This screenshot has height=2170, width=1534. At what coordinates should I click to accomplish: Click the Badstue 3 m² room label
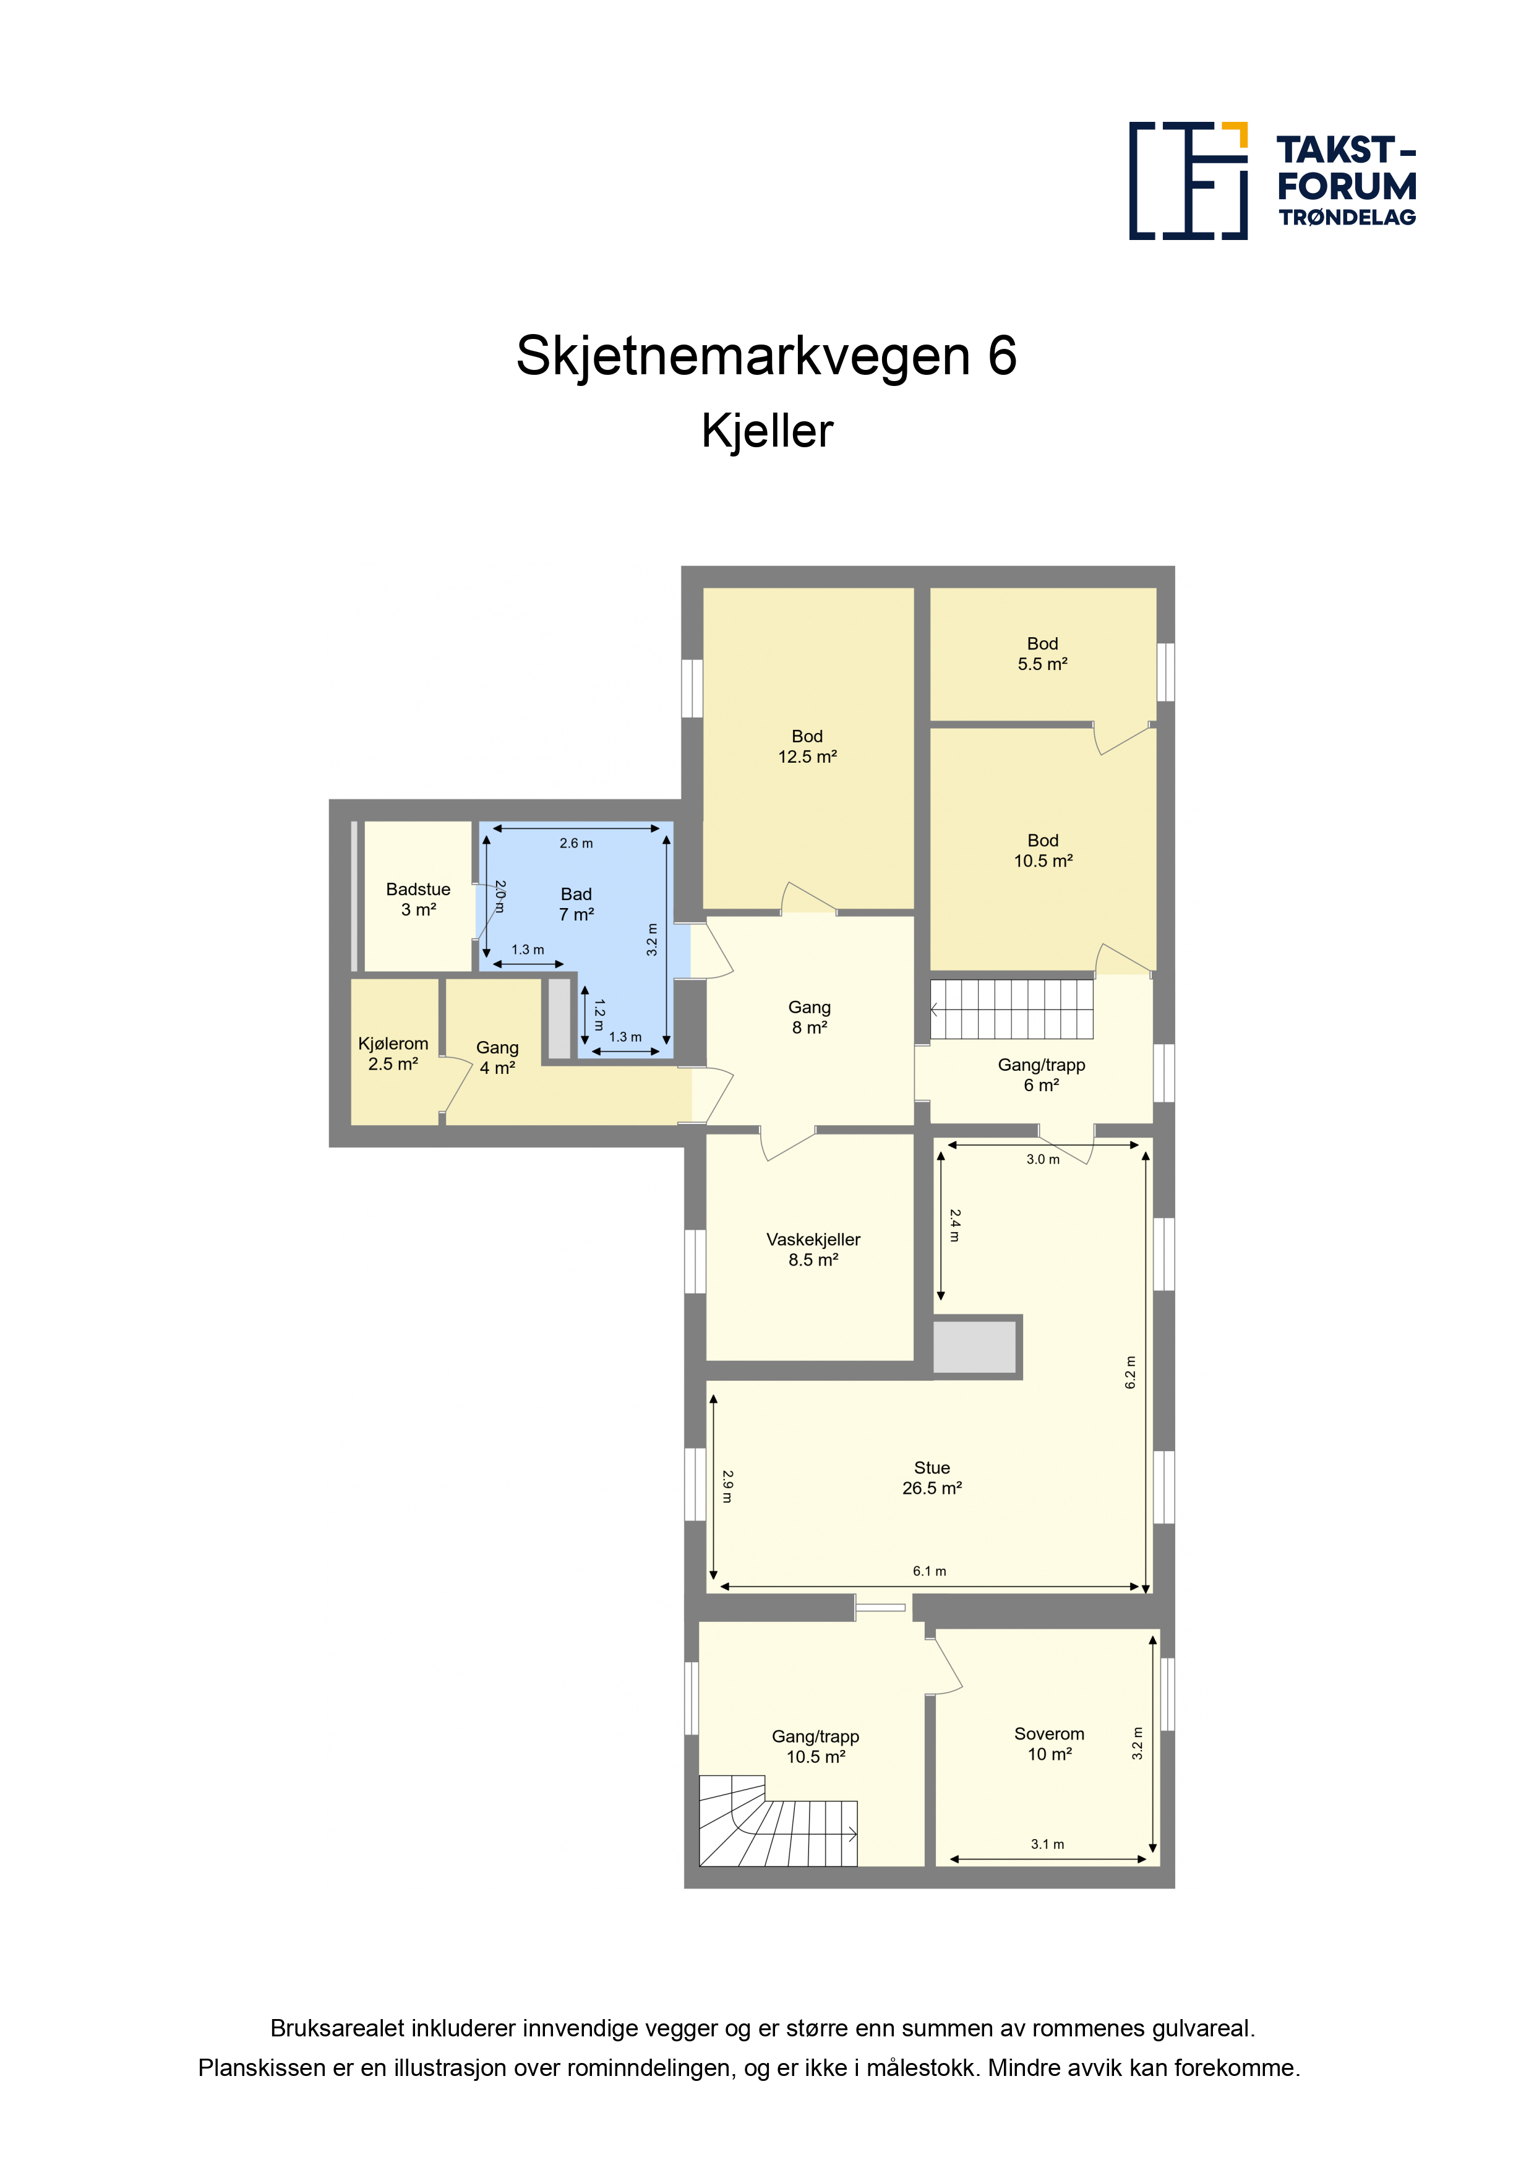418,899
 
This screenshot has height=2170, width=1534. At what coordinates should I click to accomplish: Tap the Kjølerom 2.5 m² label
393,1053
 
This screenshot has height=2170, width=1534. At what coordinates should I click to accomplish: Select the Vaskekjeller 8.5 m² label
813,1248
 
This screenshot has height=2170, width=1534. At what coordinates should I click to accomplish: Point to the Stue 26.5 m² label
932,1477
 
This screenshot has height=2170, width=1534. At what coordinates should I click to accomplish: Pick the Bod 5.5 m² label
1042,653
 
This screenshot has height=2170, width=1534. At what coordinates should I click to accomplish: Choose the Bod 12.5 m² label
807,745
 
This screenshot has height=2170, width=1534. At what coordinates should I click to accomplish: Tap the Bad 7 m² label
576,904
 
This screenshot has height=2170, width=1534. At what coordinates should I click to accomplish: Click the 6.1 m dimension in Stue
929,1571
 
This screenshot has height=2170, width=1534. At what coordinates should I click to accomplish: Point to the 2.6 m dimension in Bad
576,843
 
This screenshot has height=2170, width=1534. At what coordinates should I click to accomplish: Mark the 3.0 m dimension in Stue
1042,1159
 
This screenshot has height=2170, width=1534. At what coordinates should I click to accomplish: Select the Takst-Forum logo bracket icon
1188,179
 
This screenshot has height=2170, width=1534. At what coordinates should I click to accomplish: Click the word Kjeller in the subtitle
766,431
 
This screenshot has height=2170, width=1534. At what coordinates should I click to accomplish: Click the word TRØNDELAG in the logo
1347,217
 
